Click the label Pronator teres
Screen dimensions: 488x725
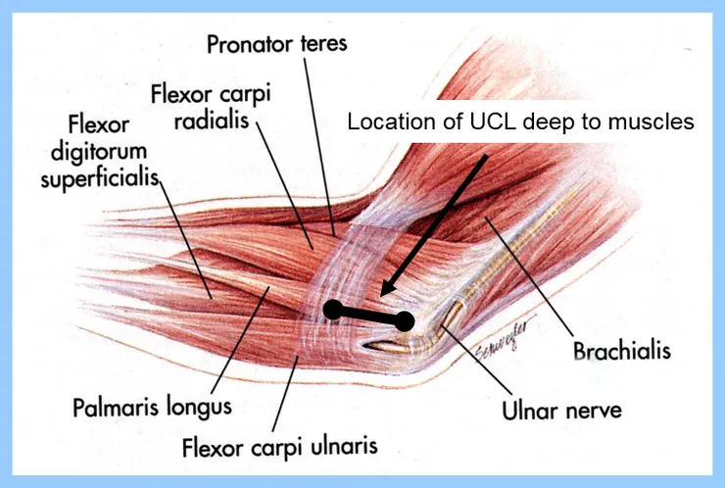coord(277,44)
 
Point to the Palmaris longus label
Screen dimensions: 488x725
coord(152,406)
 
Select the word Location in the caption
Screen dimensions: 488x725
coord(385,122)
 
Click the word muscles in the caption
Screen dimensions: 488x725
coord(659,122)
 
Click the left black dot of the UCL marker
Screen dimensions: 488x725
coord(333,311)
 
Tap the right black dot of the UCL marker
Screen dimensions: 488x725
coord(405,320)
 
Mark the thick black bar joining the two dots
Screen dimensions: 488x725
coord(369,316)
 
